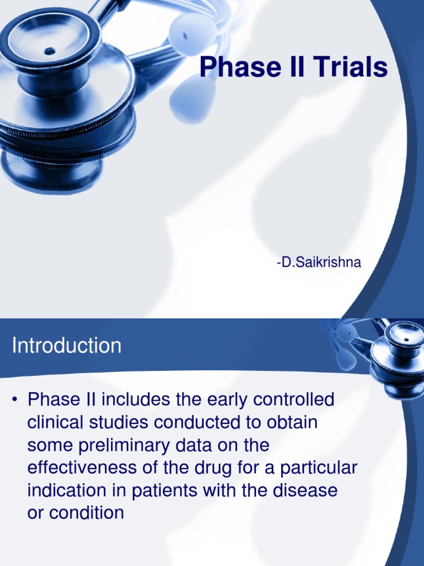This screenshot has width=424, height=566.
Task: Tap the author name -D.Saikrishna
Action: [x=319, y=263]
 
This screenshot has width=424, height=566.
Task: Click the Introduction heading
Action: [x=67, y=346]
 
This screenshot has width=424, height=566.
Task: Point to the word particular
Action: [x=319, y=468]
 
